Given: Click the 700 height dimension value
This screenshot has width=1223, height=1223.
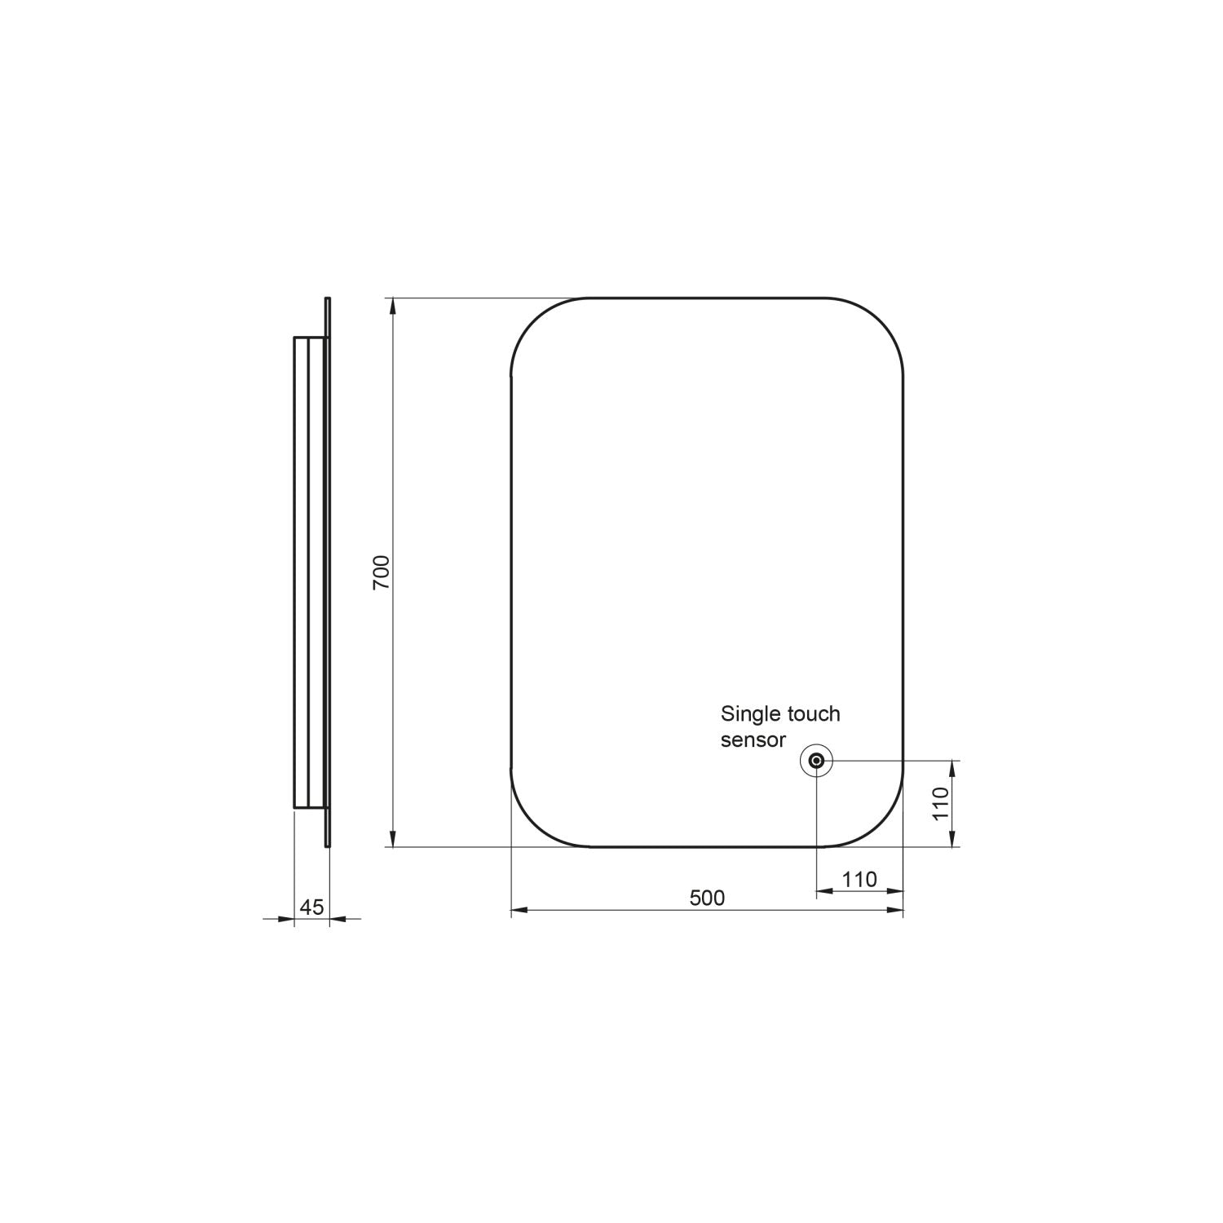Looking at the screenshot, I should tap(382, 572).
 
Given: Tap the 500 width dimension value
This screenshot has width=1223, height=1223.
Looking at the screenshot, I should tap(707, 898).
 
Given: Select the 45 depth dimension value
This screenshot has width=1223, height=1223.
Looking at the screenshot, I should tap(312, 907).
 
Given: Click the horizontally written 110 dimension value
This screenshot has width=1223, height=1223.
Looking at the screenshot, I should tap(859, 879).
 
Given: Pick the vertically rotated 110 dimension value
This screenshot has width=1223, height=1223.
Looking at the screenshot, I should tap(941, 804).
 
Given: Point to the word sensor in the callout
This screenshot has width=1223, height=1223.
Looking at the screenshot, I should tap(753, 740).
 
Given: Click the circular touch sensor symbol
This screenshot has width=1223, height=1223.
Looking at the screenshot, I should tap(816, 762).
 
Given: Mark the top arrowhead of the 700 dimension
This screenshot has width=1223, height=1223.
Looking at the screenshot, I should tap(393, 306).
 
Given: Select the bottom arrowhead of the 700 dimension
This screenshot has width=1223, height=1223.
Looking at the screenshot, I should tap(393, 839).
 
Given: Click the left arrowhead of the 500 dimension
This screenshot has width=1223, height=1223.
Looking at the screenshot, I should tap(519, 910).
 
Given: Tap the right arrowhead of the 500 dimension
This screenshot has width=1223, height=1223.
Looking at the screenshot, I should tap(895, 910).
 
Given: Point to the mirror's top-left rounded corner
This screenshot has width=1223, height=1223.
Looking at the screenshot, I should tap(534, 321).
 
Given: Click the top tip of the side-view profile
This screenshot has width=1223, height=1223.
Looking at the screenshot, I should tap(328, 299).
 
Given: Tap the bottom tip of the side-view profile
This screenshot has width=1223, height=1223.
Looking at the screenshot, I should tap(328, 846).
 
